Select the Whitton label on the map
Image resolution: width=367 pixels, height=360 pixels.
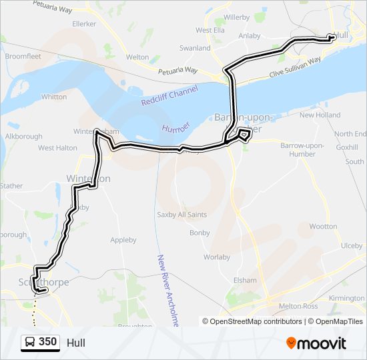pos(54,97)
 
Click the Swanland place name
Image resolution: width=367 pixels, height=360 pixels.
pos(195,49)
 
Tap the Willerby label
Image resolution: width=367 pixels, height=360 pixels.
pos(236,17)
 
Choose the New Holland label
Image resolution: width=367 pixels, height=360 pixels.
pos(320,115)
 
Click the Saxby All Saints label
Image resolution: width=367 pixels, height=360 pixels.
pos(181,215)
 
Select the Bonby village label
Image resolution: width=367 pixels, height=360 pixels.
pos(200,233)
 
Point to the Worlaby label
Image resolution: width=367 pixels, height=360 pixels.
pos(217,257)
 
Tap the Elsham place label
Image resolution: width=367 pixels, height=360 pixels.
pos(245,280)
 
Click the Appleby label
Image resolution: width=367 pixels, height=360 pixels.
pos(123,240)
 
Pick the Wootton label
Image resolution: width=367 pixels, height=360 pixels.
pos(324,227)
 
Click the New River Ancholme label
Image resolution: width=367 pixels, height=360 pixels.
pos(169,290)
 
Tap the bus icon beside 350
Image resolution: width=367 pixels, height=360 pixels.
pos(29,343)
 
